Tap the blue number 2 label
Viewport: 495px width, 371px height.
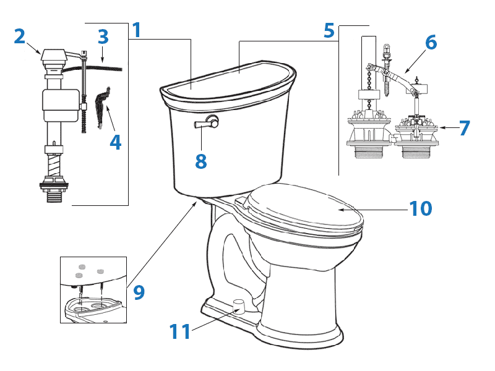click(x=20, y=36)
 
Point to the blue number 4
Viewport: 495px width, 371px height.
click(x=115, y=142)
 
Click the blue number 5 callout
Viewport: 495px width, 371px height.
click(x=329, y=30)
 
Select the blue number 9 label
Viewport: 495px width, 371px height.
click(x=139, y=291)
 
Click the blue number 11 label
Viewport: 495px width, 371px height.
click(x=180, y=332)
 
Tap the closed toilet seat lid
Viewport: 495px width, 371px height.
click(x=303, y=210)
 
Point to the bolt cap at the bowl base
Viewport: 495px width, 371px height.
click(x=238, y=304)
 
